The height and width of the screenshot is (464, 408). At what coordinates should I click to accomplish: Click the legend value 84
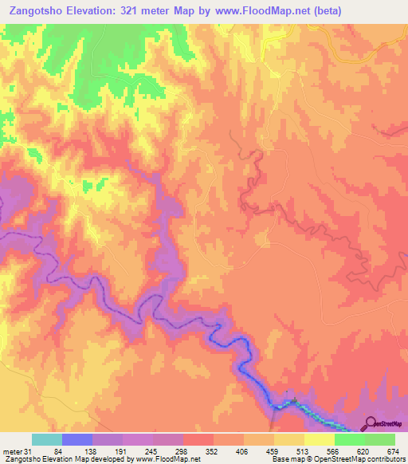(x=67, y=451)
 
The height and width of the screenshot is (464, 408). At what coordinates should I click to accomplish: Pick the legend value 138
(x=109, y=451)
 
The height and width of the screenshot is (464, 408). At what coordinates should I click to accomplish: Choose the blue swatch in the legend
(x=77, y=439)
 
